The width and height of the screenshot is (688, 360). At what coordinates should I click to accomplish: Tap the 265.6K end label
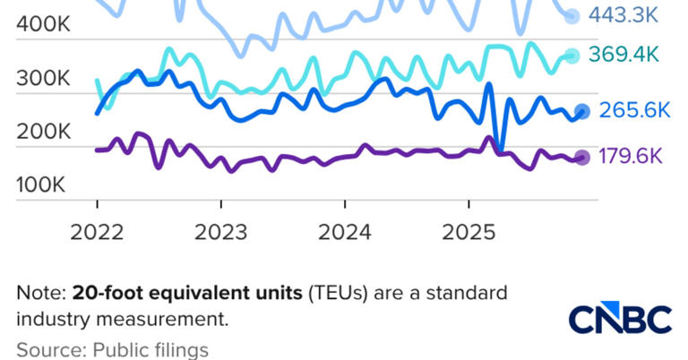click(635, 110)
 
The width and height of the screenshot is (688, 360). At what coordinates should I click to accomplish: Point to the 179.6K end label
click(631, 157)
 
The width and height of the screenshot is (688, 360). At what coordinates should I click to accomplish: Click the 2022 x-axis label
click(98, 232)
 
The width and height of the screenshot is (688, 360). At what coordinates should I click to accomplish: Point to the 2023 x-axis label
click(221, 232)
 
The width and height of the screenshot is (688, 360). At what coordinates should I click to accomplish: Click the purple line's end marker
click(581, 158)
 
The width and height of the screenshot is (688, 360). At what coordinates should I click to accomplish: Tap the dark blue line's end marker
click(581, 111)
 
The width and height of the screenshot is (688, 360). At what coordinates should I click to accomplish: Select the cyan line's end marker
click(572, 56)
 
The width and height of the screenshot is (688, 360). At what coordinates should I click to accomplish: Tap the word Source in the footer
click(44, 349)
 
